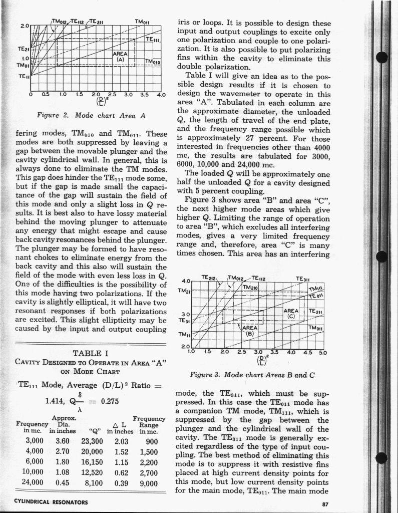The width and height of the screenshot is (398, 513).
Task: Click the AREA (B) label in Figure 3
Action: coord(247,330)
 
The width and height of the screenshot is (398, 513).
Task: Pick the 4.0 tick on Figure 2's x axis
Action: coord(161,95)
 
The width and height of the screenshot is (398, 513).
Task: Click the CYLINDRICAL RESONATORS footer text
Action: coord(51,501)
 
